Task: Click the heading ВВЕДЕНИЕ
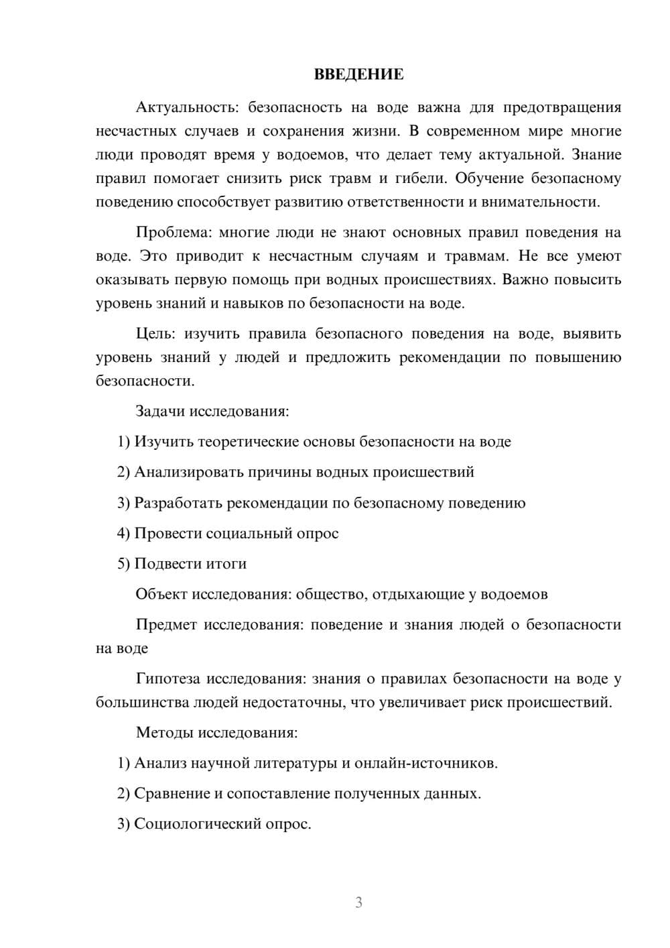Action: click(x=358, y=74)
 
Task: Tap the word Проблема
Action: click(x=173, y=232)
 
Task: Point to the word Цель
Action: click(x=155, y=333)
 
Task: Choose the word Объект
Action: click(x=161, y=594)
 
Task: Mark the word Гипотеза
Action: click(x=167, y=678)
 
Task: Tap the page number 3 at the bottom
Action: click(x=358, y=902)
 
